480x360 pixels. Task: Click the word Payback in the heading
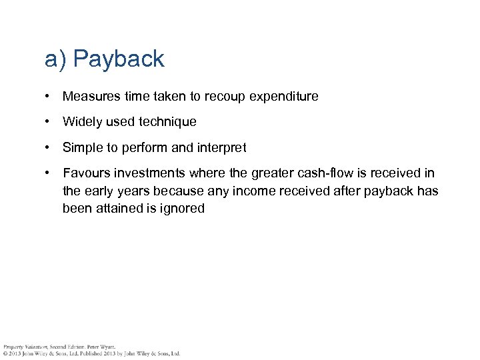[x=119, y=59]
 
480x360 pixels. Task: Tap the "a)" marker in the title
[x=55, y=59]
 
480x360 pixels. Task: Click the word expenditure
[x=284, y=97]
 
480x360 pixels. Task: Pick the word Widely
[x=82, y=122]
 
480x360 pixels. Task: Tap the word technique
[x=167, y=122]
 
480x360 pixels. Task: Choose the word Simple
[x=82, y=148]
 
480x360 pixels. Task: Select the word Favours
[x=86, y=173]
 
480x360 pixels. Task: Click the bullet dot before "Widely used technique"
[x=48, y=122]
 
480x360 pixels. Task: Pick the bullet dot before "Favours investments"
[x=48, y=173]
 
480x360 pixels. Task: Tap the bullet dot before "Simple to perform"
[x=48, y=148]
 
